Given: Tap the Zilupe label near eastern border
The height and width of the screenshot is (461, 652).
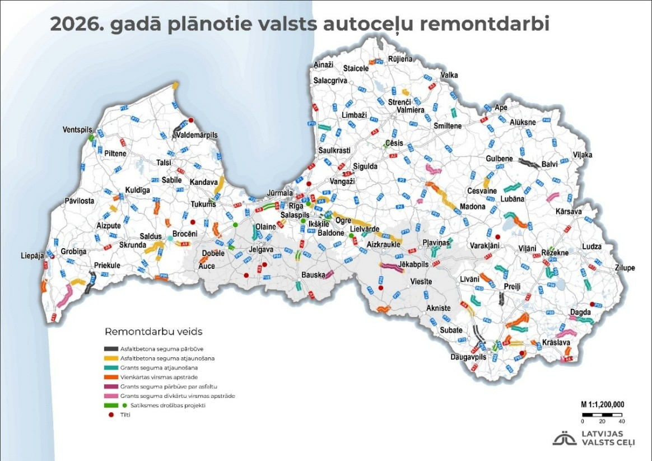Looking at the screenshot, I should [623, 268].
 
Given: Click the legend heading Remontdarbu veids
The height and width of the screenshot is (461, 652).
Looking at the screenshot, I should [153, 331].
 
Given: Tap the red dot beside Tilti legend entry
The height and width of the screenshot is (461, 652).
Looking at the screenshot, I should [109, 415].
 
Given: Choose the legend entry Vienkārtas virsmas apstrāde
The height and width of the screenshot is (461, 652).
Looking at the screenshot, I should [156, 377].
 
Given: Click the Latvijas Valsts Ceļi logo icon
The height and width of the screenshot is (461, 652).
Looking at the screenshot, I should [564, 439].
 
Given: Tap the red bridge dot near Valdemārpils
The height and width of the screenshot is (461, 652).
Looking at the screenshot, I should [190, 120].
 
